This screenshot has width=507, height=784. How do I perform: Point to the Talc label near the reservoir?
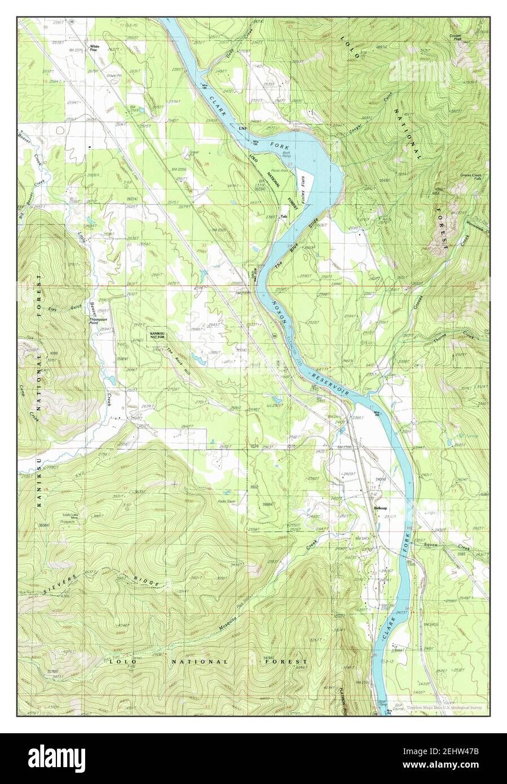click(x=284, y=216)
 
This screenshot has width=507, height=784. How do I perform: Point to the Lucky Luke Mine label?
click(x=74, y=517)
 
